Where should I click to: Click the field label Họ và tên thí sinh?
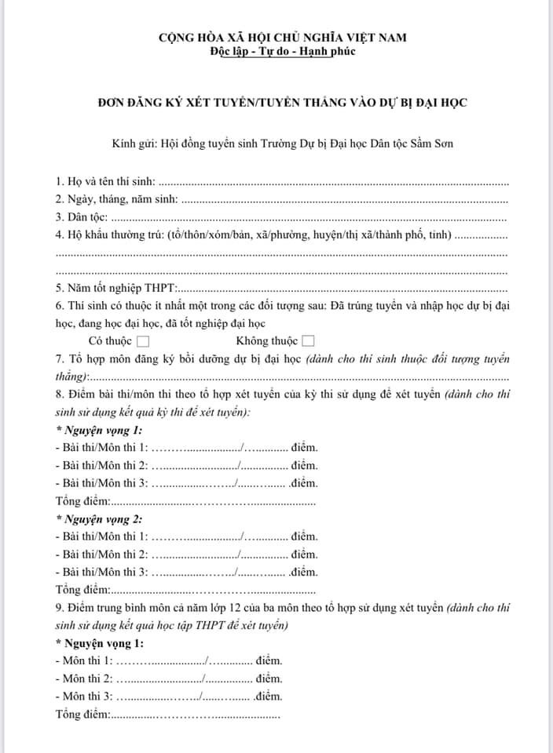click(110, 181)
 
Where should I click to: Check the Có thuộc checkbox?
click(143, 341)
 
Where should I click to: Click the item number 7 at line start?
click(60, 359)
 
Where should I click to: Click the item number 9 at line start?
click(60, 608)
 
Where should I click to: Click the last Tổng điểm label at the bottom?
click(83, 715)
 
